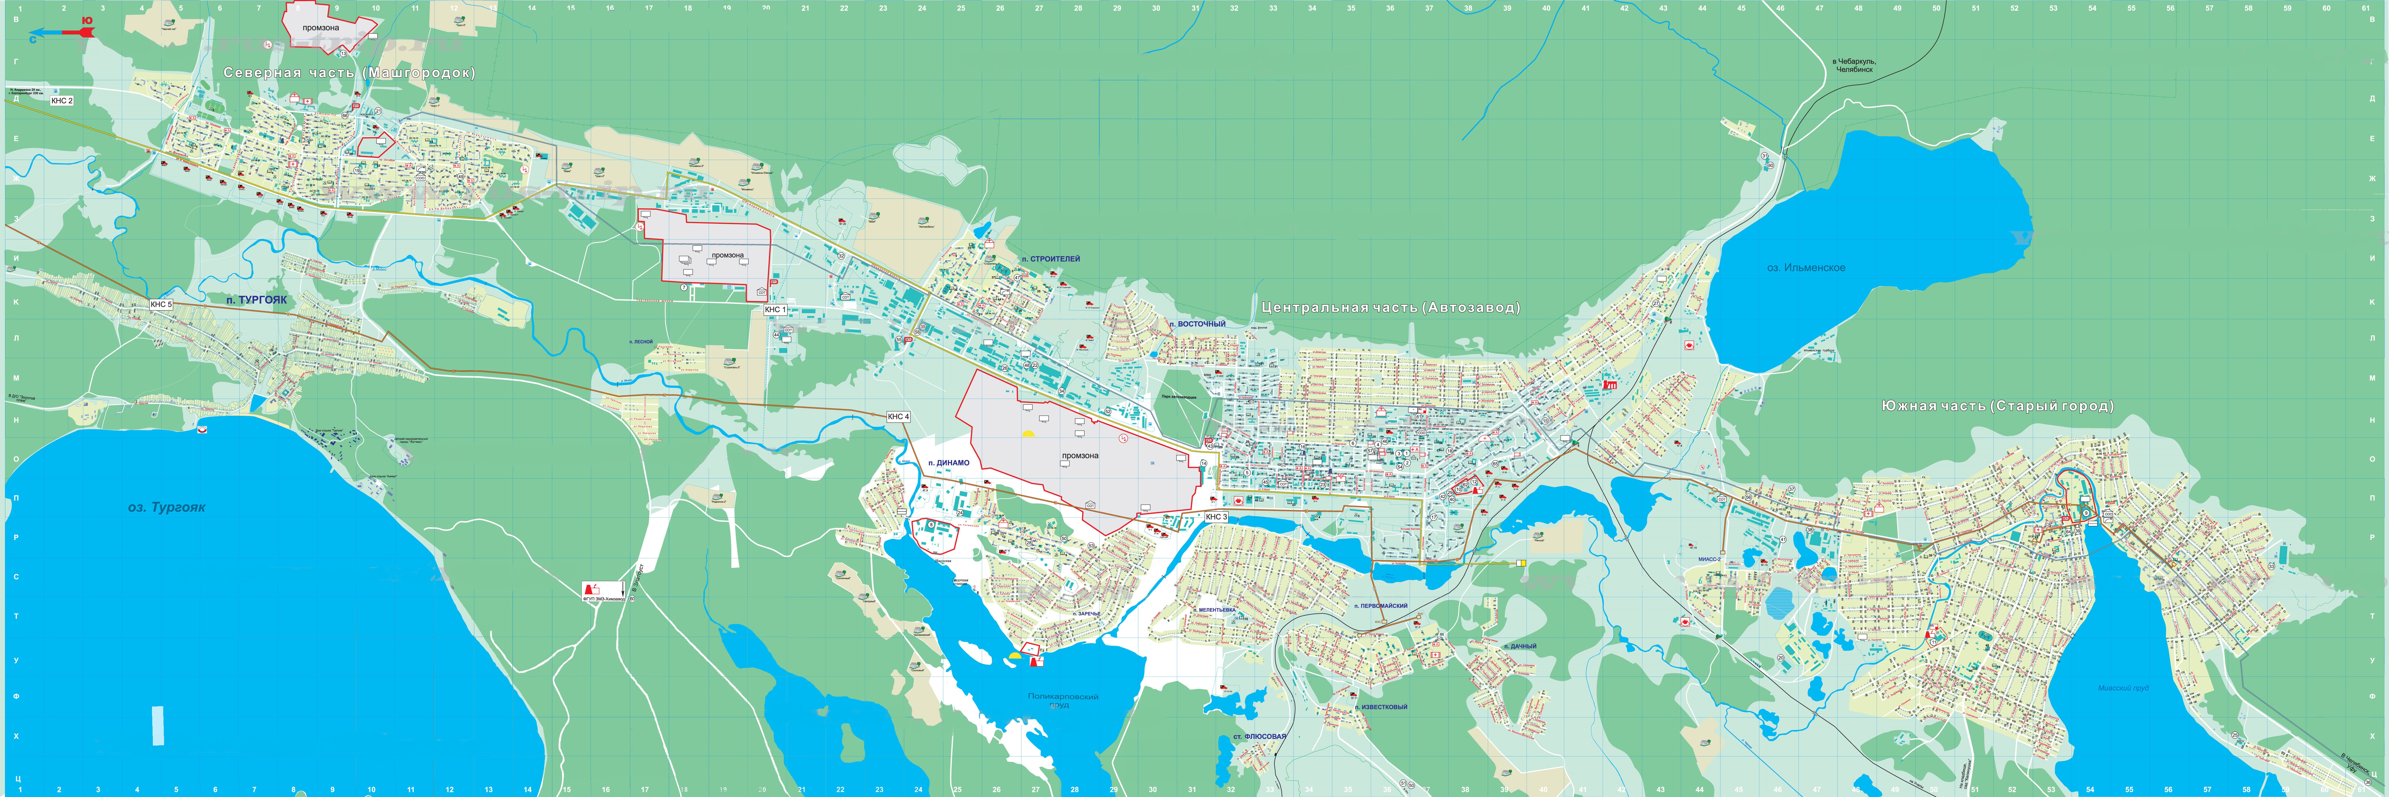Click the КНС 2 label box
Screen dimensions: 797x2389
61,100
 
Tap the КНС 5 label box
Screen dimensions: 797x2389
161,304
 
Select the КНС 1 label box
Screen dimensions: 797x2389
775,309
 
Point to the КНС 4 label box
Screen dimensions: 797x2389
898,417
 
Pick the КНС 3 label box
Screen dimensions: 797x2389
1216,517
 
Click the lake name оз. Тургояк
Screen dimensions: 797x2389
167,507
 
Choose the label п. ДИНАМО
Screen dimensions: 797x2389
949,463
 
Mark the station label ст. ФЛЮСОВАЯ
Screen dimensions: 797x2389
1259,737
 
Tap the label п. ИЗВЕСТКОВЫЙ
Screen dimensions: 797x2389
1381,707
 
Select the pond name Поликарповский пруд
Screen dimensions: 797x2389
1063,699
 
